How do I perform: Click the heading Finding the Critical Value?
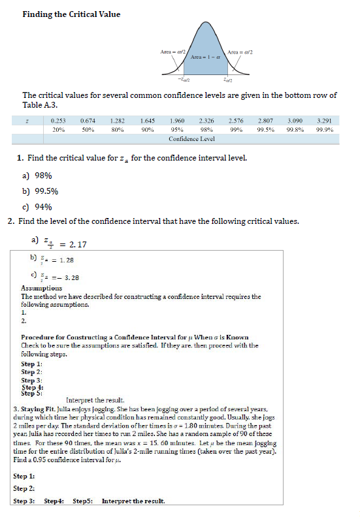coord(71,14)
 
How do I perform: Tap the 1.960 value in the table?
coord(176,121)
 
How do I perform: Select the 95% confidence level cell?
coord(176,129)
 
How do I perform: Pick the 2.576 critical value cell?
coord(237,121)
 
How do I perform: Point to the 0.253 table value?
coord(57,121)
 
